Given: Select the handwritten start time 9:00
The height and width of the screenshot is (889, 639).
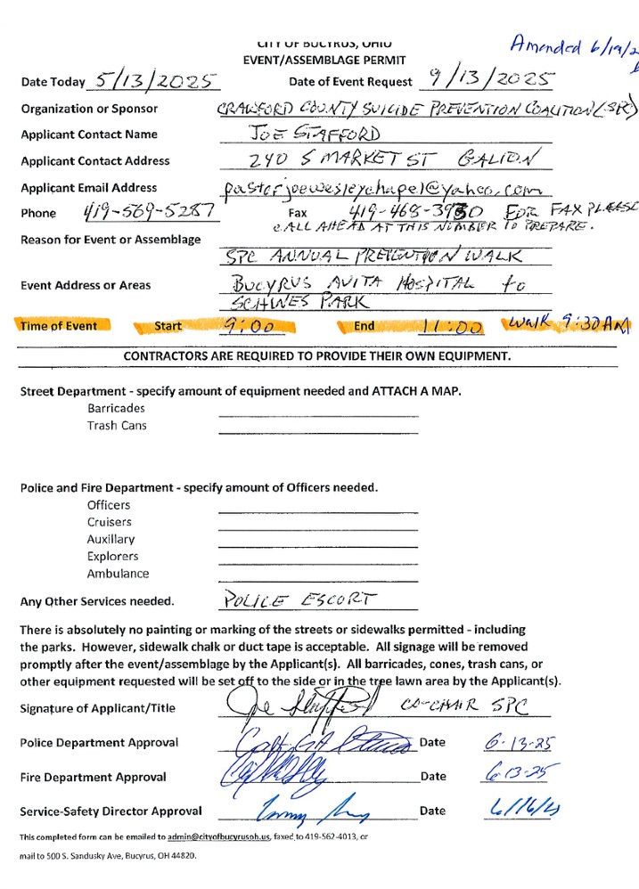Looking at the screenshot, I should tap(249, 327).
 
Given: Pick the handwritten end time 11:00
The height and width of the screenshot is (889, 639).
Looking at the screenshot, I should tap(455, 327).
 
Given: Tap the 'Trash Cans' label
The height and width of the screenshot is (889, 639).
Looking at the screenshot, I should tap(117, 425).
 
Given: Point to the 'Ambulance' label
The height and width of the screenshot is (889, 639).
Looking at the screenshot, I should tap(118, 574).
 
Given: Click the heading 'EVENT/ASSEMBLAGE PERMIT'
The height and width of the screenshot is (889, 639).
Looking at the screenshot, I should tap(324, 60).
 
